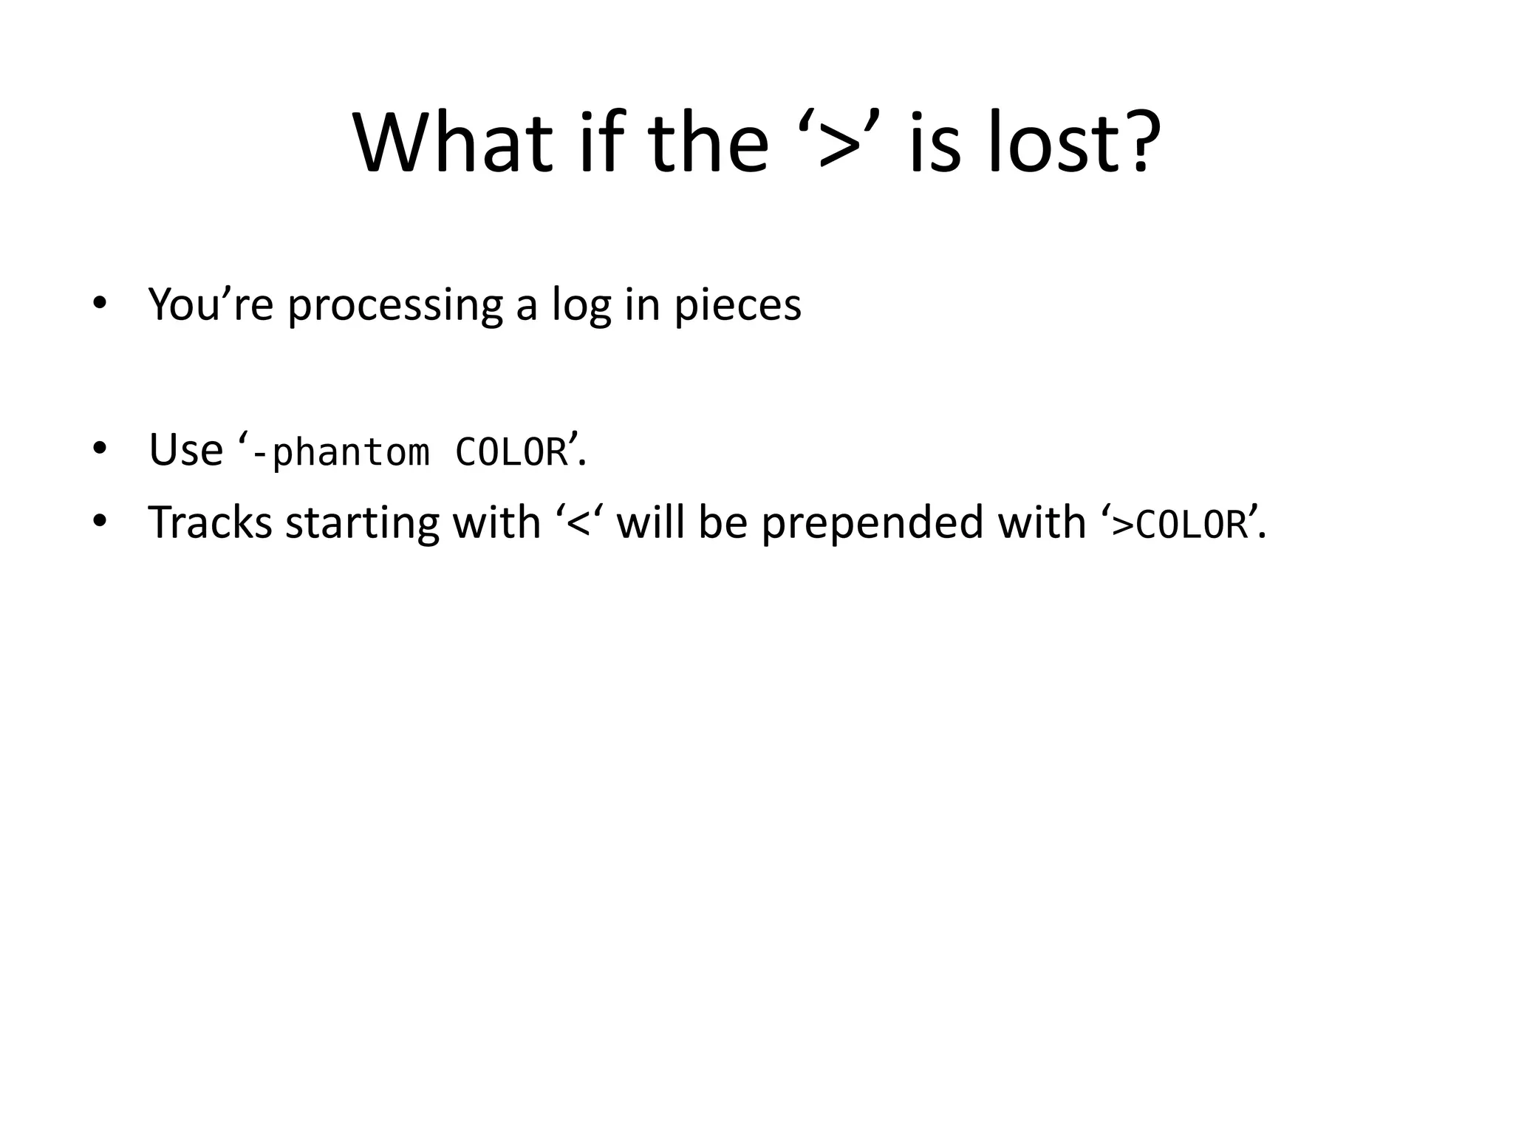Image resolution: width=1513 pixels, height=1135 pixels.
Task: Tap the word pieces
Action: click(737, 304)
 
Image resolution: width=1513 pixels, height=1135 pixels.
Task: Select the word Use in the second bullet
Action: click(185, 449)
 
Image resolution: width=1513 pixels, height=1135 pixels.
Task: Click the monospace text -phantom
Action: click(340, 452)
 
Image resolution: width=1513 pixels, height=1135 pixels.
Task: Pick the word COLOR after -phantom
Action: click(511, 452)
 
